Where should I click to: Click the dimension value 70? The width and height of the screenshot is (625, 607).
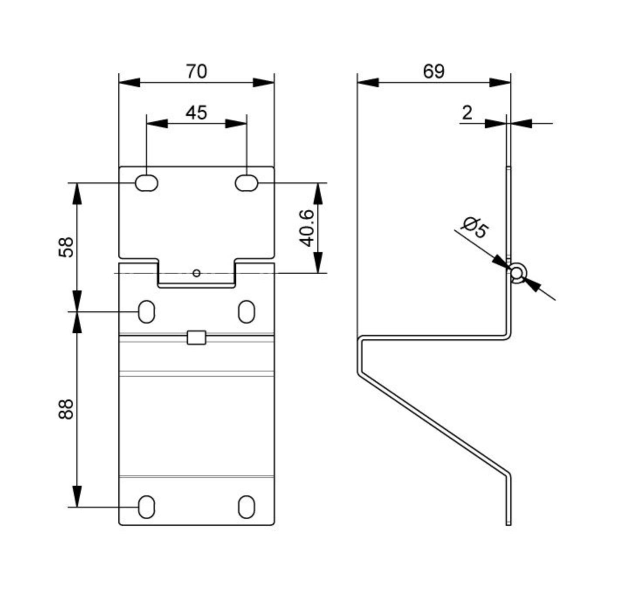(196, 72)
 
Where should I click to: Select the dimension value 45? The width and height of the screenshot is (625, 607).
(196, 113)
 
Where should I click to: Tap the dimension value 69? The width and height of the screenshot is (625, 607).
(433, 72)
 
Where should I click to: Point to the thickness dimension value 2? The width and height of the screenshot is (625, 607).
(467, 113)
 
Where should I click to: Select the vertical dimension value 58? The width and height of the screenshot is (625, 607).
(66, 247)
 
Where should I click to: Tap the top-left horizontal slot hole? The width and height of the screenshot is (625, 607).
(146, 183)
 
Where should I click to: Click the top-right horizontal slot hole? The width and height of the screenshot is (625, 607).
(246, 183)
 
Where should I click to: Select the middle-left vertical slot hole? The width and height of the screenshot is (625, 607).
(146, 311)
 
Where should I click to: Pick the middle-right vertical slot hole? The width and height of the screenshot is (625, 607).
(247, 311)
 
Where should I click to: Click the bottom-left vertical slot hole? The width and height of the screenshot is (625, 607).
(146, 507)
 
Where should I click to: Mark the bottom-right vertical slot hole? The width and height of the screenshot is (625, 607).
(247, 507)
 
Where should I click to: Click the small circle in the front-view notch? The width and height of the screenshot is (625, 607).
(196, 273)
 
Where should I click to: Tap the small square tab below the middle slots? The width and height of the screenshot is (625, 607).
(196, 337)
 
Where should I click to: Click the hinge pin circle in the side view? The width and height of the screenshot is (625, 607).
(516, 273)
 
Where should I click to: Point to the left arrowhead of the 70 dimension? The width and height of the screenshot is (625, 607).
(129, 82)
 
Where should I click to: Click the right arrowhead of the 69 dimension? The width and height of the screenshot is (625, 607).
(500, 82)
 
